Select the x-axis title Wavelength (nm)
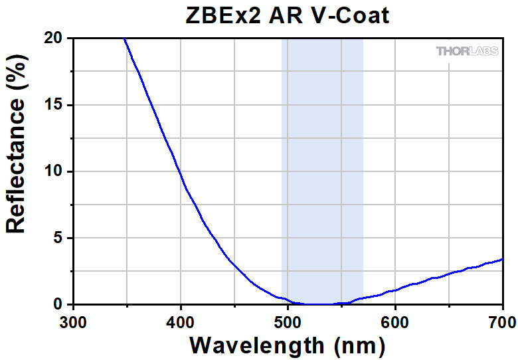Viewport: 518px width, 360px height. pyautogui.click(x=287, y=345)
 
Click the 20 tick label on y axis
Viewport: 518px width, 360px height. pyautogui.click(x=54, y=39)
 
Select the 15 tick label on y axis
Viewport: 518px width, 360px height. pyautogui.click(x=54, y=105)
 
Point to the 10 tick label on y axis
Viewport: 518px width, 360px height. pyautogui.click(x=54, y=171)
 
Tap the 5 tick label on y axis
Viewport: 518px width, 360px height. pyautogui.click(x=59, y=238)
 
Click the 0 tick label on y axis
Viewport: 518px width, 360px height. pyautogui.click(x=59, y=304)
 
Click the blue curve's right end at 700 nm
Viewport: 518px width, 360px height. pyautogui.click(x=502, y=259)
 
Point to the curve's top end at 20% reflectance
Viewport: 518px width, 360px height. pyautogui.click(x=124, y=39)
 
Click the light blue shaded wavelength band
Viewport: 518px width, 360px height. pyautogui.click(x=323, y=166)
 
